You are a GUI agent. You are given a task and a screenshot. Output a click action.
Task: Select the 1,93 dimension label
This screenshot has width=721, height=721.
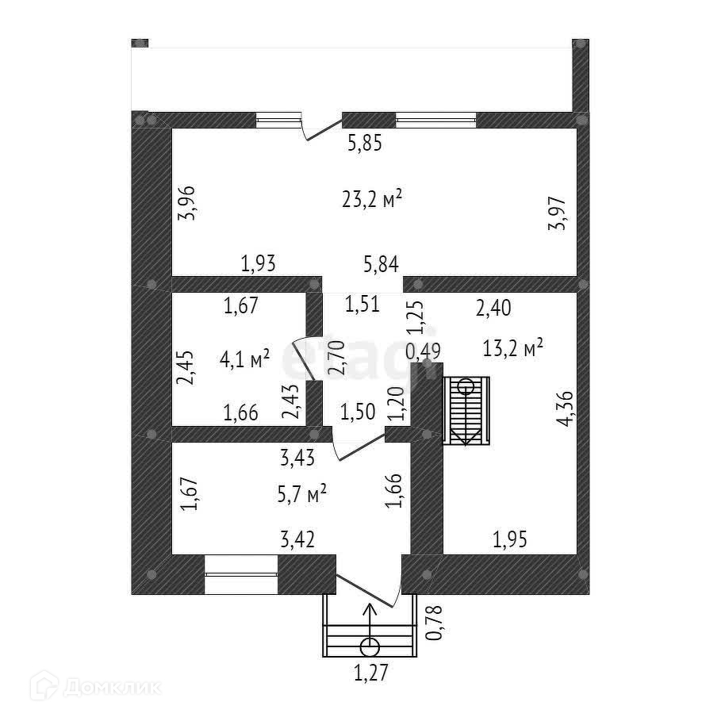pos(259,264)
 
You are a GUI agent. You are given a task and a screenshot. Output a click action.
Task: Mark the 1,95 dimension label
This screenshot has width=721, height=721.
pos(510,541)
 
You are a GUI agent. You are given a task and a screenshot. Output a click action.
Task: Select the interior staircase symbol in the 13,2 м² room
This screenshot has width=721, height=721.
pos(466,411)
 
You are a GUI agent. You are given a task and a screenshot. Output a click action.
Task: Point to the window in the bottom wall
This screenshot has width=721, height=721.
pos(241,575)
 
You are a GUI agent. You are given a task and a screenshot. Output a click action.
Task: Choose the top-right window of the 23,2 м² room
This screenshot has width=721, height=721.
pos(436,121)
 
